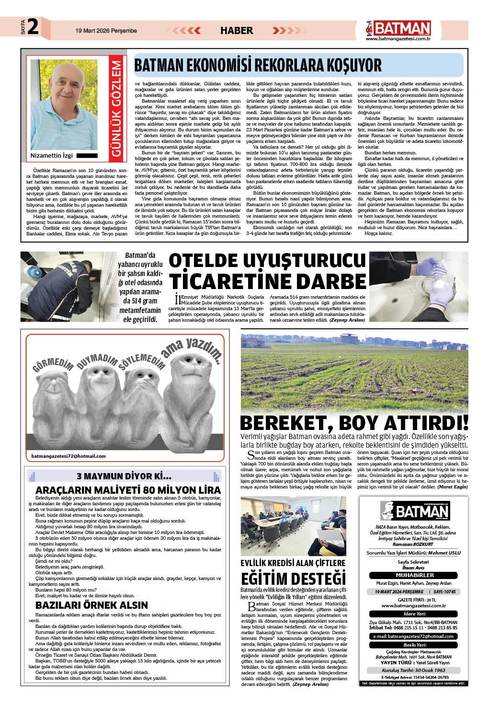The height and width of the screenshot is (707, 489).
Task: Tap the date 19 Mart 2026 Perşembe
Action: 106,31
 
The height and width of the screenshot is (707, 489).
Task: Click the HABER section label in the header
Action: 236,31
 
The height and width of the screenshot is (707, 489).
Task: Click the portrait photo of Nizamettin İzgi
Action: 64,104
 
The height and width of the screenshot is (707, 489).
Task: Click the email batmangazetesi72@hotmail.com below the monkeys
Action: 68,456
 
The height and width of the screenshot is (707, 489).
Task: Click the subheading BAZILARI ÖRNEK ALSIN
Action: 92,605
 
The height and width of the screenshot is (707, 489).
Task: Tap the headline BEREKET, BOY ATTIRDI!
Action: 354,424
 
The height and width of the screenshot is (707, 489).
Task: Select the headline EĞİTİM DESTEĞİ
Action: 293,576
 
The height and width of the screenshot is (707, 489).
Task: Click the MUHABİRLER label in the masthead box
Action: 415,575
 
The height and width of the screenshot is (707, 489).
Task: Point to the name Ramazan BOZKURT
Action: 415,545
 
